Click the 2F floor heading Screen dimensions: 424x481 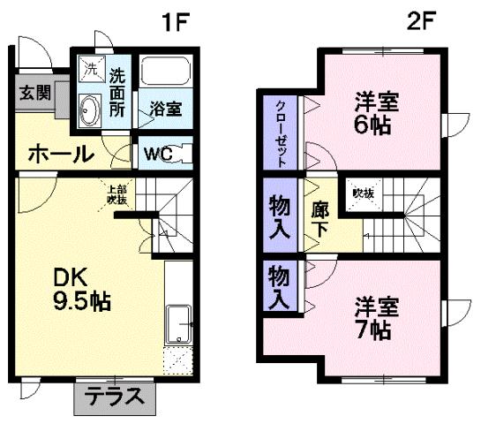tap(421, 21)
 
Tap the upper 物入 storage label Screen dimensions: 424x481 tap(280, 217)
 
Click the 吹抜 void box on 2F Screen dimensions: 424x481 tap(363, 194)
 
